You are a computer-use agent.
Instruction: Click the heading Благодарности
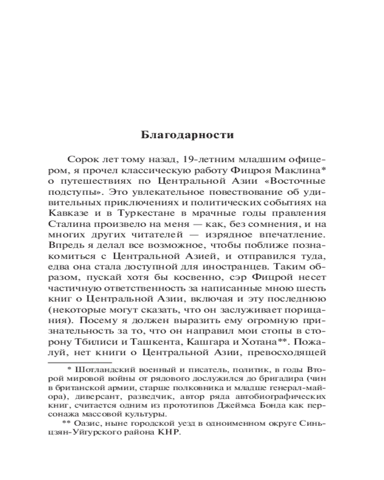[188, 135]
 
